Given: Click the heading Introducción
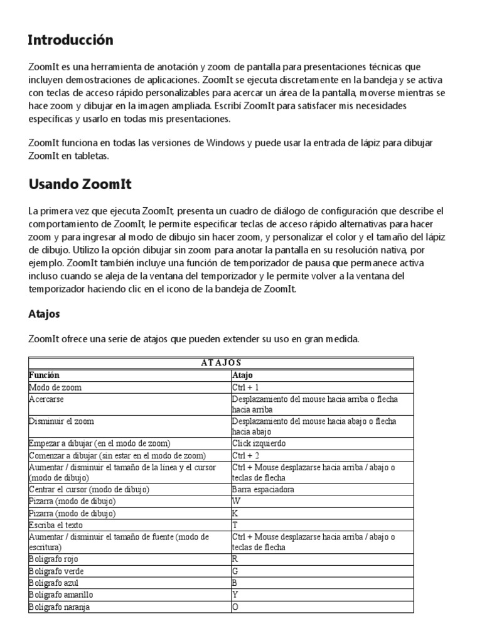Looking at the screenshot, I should (70, 40).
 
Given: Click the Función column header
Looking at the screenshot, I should (44, 374).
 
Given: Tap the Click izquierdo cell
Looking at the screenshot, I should (259, 443).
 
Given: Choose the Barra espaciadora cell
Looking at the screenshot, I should (262, 489).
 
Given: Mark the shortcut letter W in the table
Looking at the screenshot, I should (236, 501).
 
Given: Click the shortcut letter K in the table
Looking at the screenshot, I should (235, 513).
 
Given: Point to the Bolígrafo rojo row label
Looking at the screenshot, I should (53, 559).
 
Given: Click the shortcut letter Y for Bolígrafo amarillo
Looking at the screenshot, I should (235, 595).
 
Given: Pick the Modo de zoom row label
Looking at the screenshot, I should (55, 387).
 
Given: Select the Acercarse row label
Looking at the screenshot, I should (46, 399).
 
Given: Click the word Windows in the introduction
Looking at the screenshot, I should (225, 143).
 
